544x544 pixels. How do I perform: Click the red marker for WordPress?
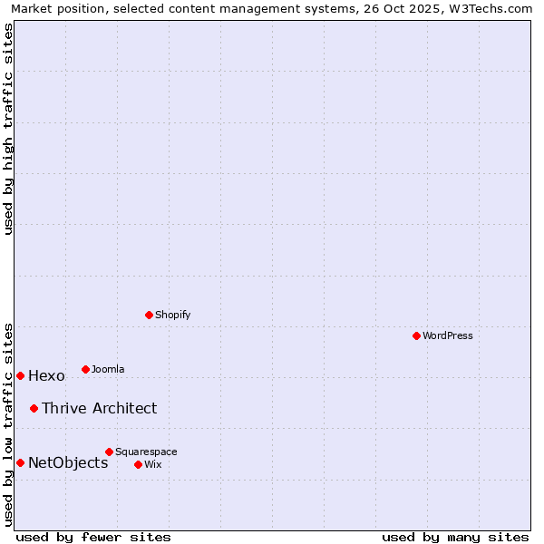[416, 335]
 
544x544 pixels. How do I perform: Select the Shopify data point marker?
[149, 315]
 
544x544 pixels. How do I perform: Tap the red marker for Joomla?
[85, 369]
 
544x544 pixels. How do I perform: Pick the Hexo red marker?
[20, 375]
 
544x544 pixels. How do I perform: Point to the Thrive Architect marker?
[34, 408]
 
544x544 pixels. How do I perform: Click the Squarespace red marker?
[109, 452]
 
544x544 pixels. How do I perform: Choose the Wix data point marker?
[138, 464]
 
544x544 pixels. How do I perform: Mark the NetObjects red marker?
[20, 462]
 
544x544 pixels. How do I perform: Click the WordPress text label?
[448, 335]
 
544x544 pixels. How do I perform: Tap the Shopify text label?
[172, 315]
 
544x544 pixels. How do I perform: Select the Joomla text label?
[108, 369]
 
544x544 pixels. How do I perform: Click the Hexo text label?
[46, 376]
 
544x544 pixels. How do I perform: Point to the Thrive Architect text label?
[99, 408]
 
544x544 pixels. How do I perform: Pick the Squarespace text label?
[146, 452]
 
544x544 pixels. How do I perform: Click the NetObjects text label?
[68, 463]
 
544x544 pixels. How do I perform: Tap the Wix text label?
[152, 464]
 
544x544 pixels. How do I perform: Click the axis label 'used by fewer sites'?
[93, 537]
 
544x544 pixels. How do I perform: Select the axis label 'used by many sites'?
[455, 537]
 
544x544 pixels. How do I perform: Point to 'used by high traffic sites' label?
[8, 129]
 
